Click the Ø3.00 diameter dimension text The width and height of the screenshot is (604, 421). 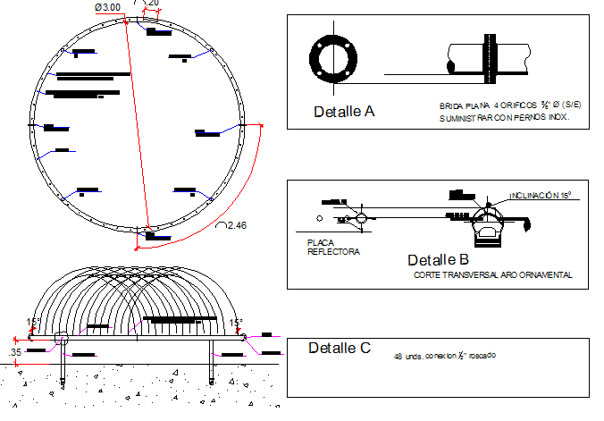(x=107, y=7)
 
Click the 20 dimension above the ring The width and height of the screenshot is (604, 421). (x=154, y=4)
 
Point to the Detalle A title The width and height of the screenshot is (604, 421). (x=344, y=112)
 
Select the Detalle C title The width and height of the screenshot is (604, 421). (x=339, y=348)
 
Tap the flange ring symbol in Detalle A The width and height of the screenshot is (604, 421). (x=334, y=58)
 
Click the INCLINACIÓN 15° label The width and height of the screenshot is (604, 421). (x=540, y=195)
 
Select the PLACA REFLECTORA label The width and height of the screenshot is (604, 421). (x=332, y=247)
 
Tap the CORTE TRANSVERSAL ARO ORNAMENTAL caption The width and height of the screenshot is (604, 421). (x=492, y=275)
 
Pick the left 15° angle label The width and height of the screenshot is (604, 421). (x=33, y=323)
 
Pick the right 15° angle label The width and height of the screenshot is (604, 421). (x=236, y=323)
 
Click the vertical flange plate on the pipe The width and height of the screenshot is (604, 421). (x=491, y=58)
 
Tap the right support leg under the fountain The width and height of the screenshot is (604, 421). (x=212, y=362)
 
